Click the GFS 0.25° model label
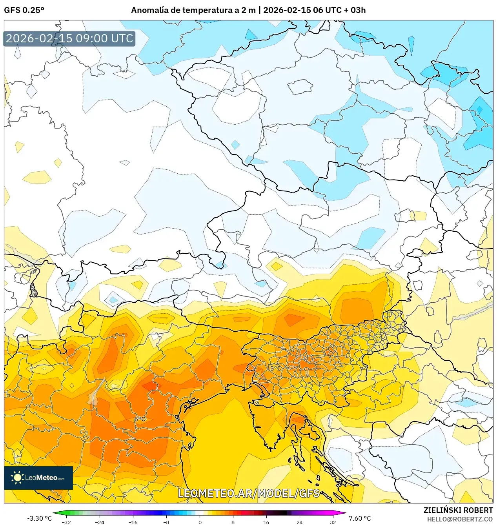[24, 10]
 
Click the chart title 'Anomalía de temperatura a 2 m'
[193, 10]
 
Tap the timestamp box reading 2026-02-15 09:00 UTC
[69, 38]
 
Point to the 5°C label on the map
[275, 368]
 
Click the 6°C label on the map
[140, 419]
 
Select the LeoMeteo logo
[38, 478]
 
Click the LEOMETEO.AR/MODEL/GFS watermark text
[249, 493]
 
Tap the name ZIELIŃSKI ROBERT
[458, 510]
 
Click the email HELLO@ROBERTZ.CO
[460, 519]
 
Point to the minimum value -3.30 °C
[39, 518]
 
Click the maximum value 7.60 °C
[359, 518]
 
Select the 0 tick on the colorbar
[200, 522]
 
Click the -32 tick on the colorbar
[67, 522]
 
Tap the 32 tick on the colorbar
[333, 522]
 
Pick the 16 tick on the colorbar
[266, 522]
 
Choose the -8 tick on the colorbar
[166, 522]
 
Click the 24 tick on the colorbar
[299, 522]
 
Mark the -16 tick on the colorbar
[133, 522]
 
